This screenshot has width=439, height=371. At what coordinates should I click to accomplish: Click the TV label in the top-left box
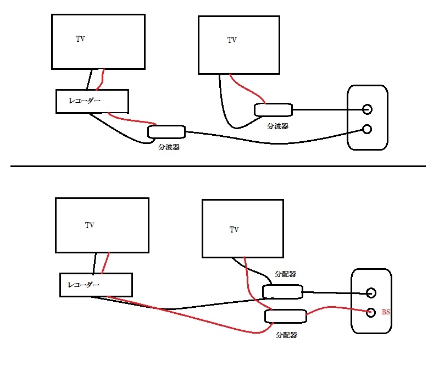(x=80, y=39)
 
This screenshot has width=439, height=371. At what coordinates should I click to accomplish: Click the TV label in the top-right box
(x=232, y=40)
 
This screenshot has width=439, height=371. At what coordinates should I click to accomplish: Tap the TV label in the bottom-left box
(x=90, y=225)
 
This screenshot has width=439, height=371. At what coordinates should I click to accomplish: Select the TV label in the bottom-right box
(x=235, y=229)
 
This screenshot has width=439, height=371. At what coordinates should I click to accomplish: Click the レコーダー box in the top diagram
(x=92, y=101)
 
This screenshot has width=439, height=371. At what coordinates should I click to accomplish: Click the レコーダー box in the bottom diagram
(x=96, y=285)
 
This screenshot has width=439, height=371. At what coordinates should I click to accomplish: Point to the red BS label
(x=386, y=312)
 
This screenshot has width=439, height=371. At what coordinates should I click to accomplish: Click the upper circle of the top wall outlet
(x=366, y=109)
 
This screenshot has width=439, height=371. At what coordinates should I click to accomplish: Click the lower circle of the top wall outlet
(x=366, y=129)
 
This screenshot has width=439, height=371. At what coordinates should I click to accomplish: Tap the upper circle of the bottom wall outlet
(x=371, y=292)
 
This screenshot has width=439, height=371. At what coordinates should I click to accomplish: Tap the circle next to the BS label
(x=371, y=312)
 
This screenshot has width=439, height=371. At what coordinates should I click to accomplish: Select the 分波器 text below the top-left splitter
(x=169, y=147)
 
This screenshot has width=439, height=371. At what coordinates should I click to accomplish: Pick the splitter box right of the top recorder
(x=166, y=132)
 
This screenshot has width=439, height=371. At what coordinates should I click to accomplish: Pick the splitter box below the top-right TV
(x=273, y=109)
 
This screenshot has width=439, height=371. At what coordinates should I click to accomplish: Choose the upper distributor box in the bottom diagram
(x=282, y=291)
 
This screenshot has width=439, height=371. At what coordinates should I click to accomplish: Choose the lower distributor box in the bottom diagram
(x=285, y=316)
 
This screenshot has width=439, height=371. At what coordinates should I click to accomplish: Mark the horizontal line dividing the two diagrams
(x=218, y=166)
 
